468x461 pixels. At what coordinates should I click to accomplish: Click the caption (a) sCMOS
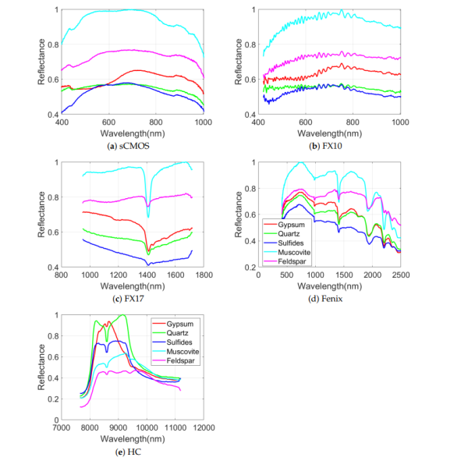pyautogui.click(x=133, y=146)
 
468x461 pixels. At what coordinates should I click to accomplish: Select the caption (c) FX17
pyautogui.click(x=133, y=298)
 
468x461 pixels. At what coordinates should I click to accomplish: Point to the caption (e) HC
pyautogui.click(x=133, y=450)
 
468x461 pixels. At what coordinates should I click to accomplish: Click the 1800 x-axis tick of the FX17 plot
pyautogui.click(x=204, y=275)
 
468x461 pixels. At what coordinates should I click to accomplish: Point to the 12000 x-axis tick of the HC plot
pyautogui.click(x=204, y=427)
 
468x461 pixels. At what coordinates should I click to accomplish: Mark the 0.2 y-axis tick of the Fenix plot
pyautogui.click(x=253, y=268)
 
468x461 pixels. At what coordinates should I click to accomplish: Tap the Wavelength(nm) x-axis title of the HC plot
pyautogui.click(x=133, y=438)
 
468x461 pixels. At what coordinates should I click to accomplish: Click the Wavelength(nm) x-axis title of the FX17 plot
pyautogui.click(x=133, y=285)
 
